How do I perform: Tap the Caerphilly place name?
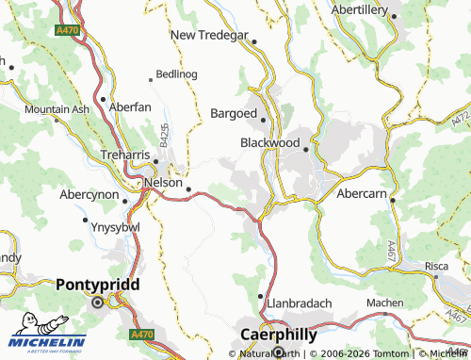[279, 334]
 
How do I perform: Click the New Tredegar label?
[209, 35]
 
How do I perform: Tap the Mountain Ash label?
[57, 109]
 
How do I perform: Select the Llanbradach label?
[300, 303]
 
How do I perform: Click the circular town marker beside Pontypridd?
[97, 303]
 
